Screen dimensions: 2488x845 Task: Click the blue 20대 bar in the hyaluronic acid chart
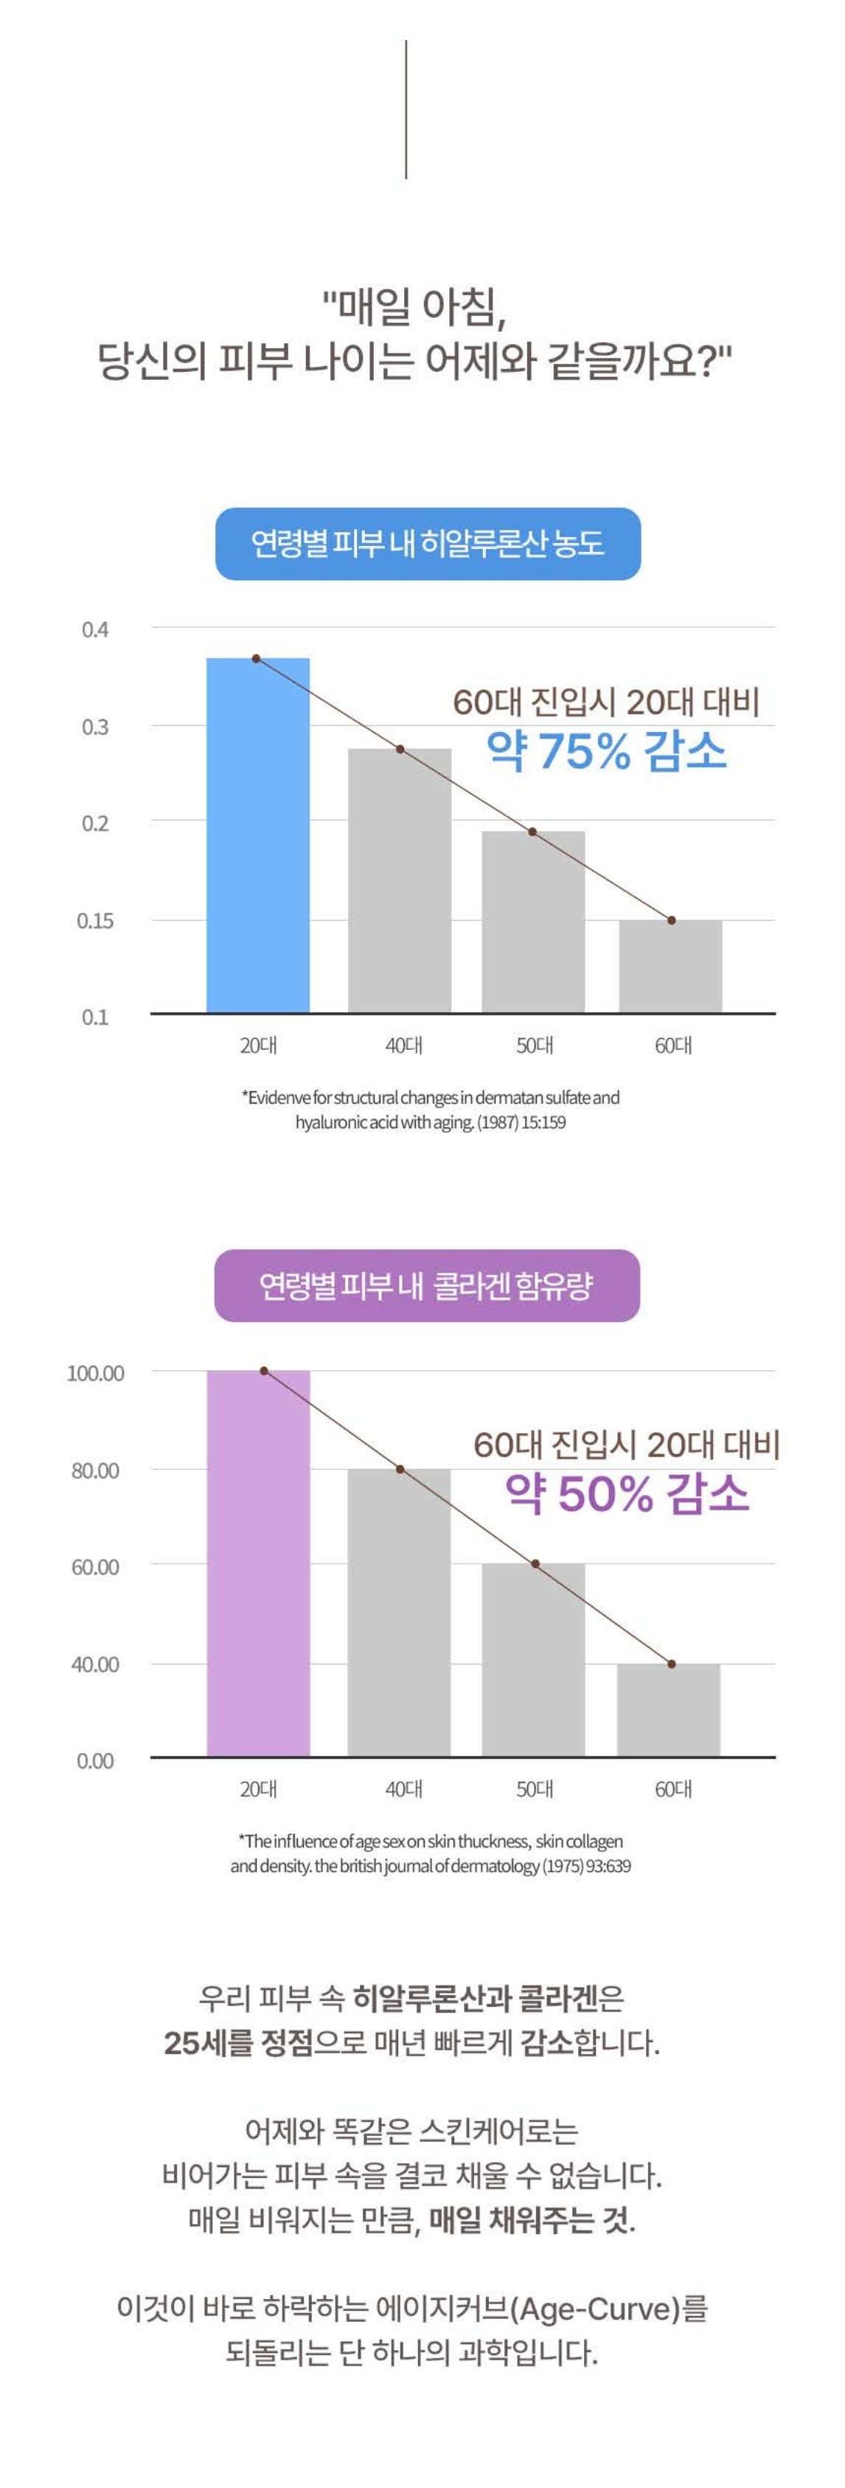pyautogui.click(x=258, y=834)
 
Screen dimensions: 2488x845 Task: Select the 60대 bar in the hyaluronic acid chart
pyautogui.click(x=670, y=965)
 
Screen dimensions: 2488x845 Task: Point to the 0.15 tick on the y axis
pyautogui.click(x=94, y=920)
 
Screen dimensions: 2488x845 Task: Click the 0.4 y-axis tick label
pyautogui.click(x=94, y=629)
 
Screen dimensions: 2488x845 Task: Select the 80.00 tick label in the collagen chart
pyautogui.click(x=94, y=1470)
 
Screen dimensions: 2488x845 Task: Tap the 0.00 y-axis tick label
pyautogui.click(x=94, y=1760)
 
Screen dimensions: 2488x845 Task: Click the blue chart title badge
pyautogui.click(x=427, y=544)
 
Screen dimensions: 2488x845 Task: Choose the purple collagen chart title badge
pyautogui.click(x=426, y=1285)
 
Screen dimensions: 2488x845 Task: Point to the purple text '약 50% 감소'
pyautogui.click(x=627, y=1494)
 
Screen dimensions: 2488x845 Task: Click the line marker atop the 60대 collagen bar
pyautogui.click(x=671, y=1664)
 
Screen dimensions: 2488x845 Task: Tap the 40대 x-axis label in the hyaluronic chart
pyautogui.click(x=403, y=1045)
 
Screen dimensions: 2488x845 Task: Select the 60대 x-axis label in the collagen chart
pyautogui.click(x=673, y=1789)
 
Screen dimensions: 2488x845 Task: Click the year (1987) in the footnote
pyautogui.click(x=498, y=1123)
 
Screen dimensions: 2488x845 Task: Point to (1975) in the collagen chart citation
pyautogui.click(x=562, y=1865)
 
